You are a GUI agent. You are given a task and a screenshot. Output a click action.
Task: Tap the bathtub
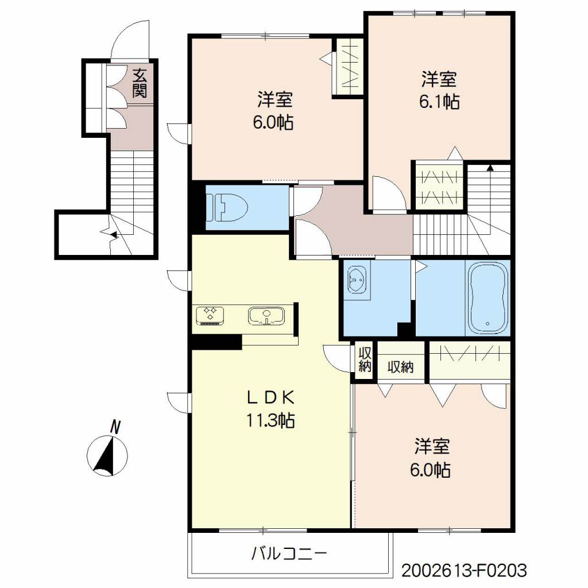(488, 298)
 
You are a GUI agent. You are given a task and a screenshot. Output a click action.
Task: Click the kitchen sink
(266, 316)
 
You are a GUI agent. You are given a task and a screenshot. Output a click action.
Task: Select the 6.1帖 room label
(439, 90)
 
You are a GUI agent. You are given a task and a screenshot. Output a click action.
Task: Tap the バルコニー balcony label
(289, 554)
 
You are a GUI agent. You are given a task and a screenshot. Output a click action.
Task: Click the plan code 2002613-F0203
(464, 571)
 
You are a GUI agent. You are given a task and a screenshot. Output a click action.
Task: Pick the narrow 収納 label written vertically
(365, 359)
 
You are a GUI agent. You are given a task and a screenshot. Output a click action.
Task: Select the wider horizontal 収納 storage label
(400, 366)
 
